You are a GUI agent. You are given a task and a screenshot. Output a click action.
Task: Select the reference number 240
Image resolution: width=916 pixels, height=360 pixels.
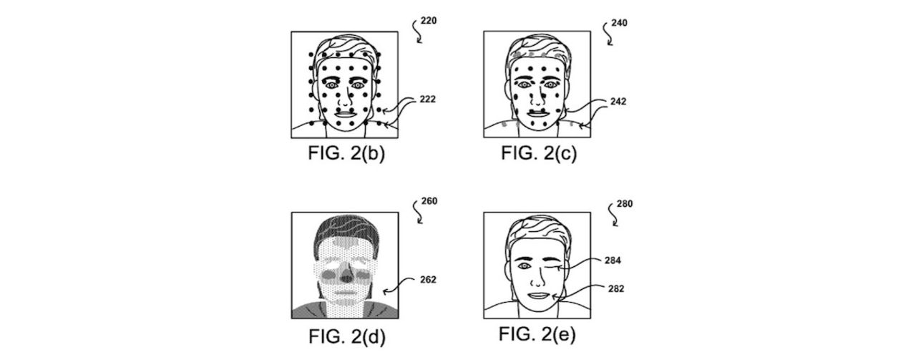[620, 22]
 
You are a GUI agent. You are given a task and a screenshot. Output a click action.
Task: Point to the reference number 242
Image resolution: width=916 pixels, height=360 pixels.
[619, 102]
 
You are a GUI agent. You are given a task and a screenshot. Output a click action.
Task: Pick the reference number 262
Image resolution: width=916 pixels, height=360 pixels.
[427, 280]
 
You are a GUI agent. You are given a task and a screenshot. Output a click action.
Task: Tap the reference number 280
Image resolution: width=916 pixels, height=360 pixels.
[624, 203]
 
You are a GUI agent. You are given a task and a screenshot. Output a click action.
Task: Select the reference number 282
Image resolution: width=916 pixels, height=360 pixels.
[615, 289]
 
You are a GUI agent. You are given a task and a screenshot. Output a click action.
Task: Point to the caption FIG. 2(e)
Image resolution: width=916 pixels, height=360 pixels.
[537, 334]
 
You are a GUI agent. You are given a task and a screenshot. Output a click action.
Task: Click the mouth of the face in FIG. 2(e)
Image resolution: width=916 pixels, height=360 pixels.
[537, 295]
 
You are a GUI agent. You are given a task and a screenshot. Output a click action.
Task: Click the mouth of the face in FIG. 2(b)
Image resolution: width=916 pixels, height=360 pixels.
[344, 113]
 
